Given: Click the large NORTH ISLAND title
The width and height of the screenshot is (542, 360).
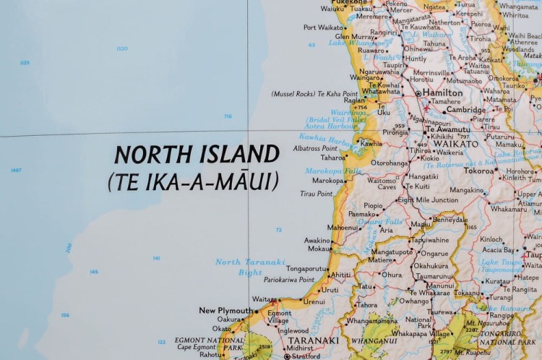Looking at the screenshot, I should (197, 154).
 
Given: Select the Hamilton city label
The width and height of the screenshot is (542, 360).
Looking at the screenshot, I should (443, 93).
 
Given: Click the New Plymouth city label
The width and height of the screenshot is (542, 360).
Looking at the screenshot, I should (225, 311).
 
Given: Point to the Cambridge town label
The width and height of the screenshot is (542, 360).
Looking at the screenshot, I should (465, 110).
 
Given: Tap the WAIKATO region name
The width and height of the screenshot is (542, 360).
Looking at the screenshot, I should (457, 144).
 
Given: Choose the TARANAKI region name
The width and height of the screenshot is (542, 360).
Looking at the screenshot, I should (314, 340).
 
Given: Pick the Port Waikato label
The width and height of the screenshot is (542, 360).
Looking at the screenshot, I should (324, 27).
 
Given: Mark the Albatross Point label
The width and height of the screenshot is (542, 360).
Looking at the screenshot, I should (315, 147).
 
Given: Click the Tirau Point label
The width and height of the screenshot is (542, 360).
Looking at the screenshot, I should (317, 194).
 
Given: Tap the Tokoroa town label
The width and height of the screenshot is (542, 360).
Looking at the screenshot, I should (479, 171).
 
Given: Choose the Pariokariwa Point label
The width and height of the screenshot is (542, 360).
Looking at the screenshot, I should (289, 280).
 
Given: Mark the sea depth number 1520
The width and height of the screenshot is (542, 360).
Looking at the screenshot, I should (121, 48).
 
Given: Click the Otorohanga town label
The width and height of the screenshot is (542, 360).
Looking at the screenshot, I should (390, 163).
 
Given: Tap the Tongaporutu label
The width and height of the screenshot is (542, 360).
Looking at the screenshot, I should (307, 268).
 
